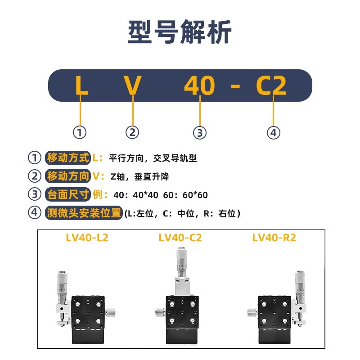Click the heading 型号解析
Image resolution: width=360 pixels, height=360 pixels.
[x=180, y=32]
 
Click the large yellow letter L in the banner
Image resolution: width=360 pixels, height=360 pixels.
[x=81, y=85]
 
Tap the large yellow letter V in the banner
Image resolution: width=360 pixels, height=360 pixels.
[x=133, y=85]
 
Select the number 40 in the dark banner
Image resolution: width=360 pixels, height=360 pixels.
[x=199, y=85]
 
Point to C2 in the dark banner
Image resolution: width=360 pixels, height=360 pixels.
[x=271, y=85]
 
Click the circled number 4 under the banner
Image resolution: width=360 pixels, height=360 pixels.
[x=274, y=132]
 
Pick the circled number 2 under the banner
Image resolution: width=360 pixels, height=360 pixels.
[x=132, y=132]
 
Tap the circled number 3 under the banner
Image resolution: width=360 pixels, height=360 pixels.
[x=199, y=132]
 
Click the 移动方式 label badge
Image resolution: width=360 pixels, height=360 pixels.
[x=68, y=158]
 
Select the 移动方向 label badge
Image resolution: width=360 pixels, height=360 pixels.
[x=68, y=176]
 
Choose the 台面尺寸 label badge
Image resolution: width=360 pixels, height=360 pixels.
[x=68, y=194]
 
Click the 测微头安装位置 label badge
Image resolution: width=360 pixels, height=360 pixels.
[x=84, y=213]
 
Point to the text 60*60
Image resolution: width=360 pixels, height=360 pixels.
[x=197, y=195]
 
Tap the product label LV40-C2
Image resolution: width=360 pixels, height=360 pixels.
[x=180, y=238]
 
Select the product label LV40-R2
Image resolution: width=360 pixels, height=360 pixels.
[x=274, y=238]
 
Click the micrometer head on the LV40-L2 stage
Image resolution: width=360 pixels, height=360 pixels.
[x=62, y=288]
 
